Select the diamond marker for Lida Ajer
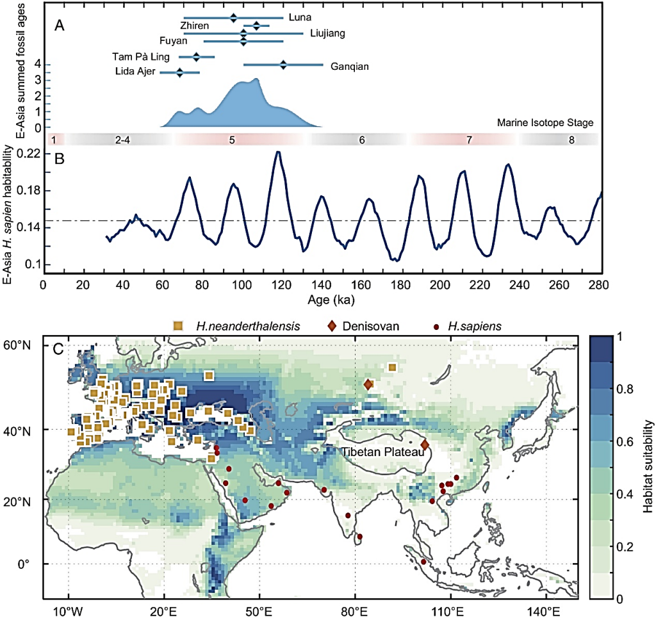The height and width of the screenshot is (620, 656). [180, 72]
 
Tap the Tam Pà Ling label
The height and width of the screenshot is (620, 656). [140, 57]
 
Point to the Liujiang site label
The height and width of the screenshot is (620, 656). [327, 34]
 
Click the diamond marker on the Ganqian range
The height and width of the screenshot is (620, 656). [283, 64]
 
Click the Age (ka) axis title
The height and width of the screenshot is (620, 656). [322, 298]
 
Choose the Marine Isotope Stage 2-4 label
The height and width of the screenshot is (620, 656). [122, 139]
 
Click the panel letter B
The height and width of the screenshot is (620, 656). [60, 160]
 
